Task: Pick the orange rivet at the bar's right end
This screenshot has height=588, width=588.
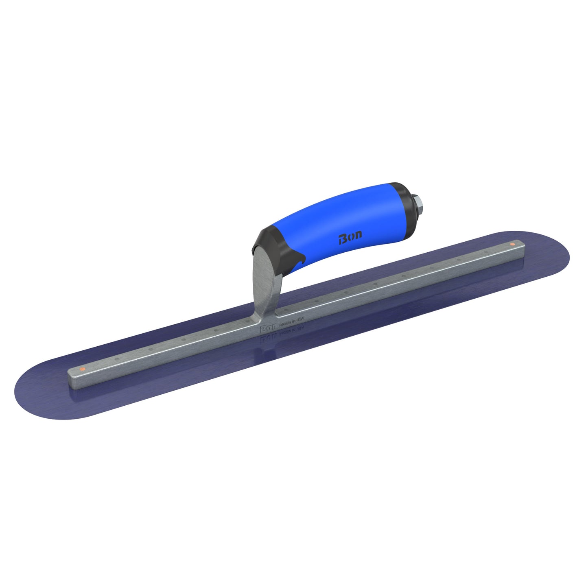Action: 512,244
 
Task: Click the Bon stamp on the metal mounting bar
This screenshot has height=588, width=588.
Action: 267,328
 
